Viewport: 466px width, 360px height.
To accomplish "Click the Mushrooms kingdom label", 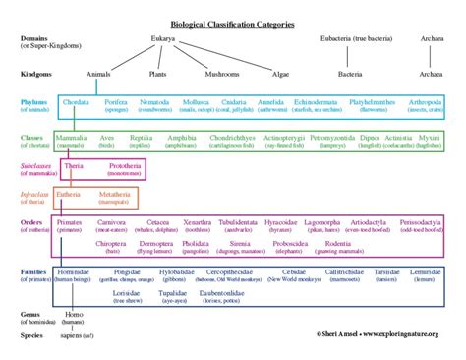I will click(x=220, y=73).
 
